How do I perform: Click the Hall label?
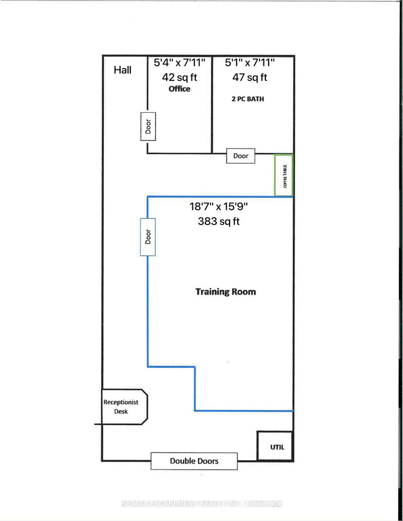pos(122,69)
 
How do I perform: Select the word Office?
pos(179,89)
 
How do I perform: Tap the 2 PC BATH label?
pos(246,99)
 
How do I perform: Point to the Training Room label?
pos(225,291)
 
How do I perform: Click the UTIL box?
pos(275,446)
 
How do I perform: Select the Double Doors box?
pos(194,461)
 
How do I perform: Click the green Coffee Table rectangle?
pos(284,175)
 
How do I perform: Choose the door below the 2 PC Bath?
pos(241,156)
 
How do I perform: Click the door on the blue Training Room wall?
pos(148,237)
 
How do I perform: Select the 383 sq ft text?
pos(219,220)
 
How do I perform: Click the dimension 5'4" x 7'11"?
pos(179,63)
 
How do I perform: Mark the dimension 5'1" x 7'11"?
pos(250,63)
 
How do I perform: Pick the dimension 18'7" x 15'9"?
pos(219,206)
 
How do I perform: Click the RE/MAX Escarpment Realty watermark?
pos(201,504)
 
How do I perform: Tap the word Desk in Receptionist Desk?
pos(121,411)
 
